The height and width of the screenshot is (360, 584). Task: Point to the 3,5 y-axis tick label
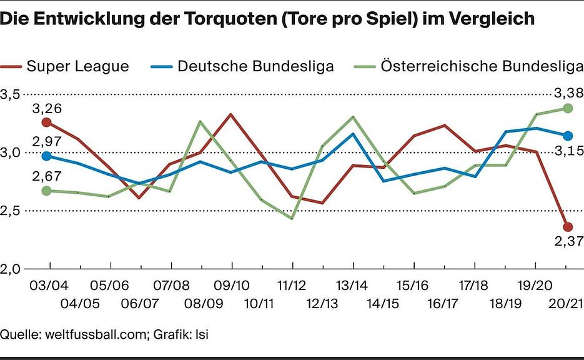(x=12, y=94)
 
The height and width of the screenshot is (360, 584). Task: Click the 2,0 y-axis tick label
(x=12, y=269)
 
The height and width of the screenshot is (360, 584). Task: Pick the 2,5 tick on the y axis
(x=12, y=211)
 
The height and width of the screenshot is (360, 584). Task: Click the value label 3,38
(x=568, y=93)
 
